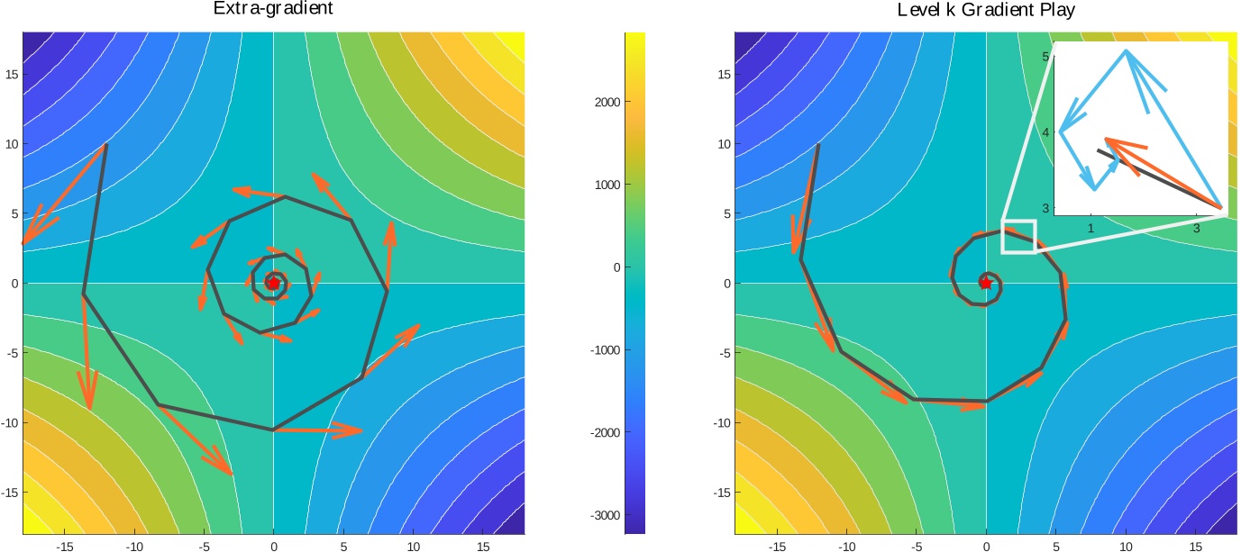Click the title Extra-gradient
click(272, 9)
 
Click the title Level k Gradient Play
click(985, 9)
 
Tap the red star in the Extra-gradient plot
click(273, 283)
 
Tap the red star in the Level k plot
click(986, 283)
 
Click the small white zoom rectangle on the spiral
click(1018, 236)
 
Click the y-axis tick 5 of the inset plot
click(1045, 57)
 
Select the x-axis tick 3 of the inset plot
click(1196, 229)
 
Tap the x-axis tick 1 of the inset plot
click(1091, 229)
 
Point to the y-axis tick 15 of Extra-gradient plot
click(11, 75)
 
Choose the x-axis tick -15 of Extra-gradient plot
click(64, 546)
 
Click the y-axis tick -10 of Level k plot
click(721, 422)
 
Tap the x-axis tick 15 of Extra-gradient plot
click(482, 546)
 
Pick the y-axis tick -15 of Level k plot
click(721, 493)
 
